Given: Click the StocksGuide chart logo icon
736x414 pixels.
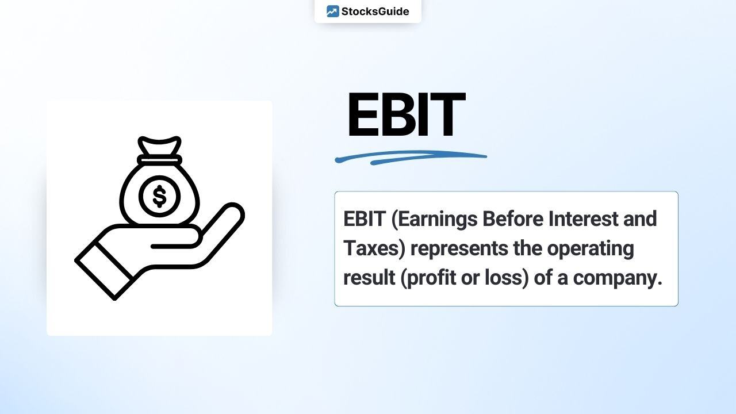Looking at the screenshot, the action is (x=332, y=11).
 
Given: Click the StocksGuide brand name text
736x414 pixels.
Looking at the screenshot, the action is (x=375, y=11).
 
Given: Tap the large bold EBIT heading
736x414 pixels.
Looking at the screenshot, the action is (x=407, y=114).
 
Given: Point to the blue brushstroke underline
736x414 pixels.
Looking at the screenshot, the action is (x=411, y=158).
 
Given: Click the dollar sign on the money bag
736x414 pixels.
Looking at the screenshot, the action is (x=160, y=196).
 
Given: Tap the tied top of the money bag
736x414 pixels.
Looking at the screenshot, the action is (x=160, y=145).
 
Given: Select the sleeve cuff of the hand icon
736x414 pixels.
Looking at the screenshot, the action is (x=105, y=271).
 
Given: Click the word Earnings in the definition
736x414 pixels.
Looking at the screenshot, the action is (x=437, y=219).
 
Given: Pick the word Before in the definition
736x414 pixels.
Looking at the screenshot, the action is (x=513, y=218).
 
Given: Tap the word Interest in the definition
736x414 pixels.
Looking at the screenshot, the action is (x=584, y=218).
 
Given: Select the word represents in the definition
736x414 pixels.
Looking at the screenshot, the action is (x=459, y=249).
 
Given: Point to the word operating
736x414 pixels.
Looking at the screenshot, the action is (x=591, y=249).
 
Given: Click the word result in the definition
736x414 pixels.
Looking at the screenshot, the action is (x=369, y=278).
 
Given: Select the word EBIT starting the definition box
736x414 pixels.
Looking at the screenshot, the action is (x=365, y=219).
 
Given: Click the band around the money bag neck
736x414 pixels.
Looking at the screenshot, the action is (x=160, y=160).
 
